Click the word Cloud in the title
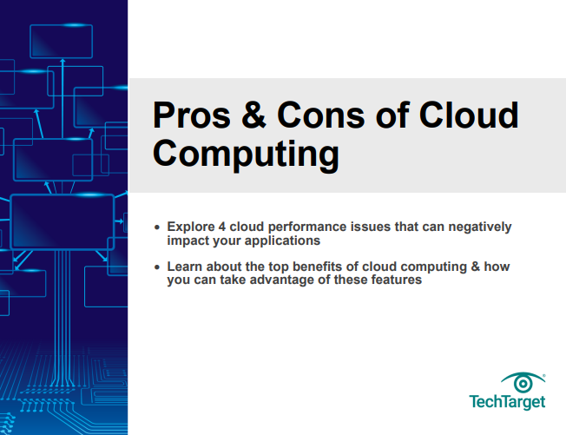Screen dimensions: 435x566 pyautogui.click(x=468, y=116)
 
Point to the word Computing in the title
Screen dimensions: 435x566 pyautogui.click(x=246, y=154)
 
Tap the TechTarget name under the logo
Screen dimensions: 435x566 pyautogui.click(x=508, y=402)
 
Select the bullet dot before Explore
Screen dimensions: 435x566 pyautogui.click(x=156, y=227)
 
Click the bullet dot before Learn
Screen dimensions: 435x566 pyautogui.click(x=156, y=268)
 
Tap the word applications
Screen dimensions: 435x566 pyautogui.click(x=286, y=241)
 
